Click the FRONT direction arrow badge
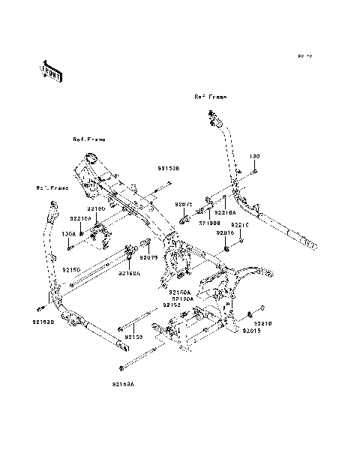(x=51, y=71)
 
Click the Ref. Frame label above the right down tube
(x=211, y=97)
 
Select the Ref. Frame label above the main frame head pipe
(x=89, y=139)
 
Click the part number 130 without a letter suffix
(x=254, y=157)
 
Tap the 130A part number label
(x=69, y=232)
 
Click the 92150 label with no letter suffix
(x=70, y=268)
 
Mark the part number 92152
(x=172, y=305)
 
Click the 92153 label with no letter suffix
(x=133, y=337)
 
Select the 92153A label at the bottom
(x=123, y=383)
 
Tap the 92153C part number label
(x=43, y=322)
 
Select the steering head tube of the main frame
(x=89, y=159)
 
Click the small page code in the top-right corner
(x=304, y=56)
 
